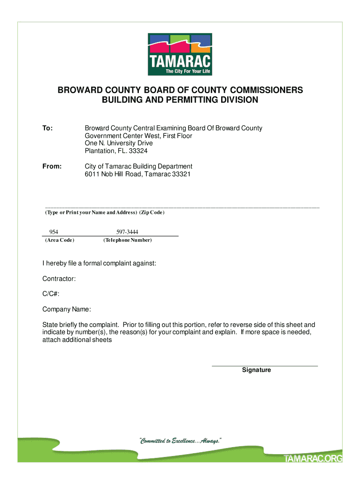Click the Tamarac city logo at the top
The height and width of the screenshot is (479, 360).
180,54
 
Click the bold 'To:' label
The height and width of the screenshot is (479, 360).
48,128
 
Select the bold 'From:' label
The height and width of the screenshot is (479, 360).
52,167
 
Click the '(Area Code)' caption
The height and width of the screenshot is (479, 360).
59,240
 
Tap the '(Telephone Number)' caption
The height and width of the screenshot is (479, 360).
127,240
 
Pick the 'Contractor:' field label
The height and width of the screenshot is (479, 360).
59,279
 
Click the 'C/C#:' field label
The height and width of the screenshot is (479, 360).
51,294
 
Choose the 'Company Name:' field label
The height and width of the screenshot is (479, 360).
67,310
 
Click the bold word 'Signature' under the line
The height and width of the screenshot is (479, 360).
256,370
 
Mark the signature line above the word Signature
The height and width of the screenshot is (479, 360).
265,366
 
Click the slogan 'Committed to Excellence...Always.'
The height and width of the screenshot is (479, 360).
180,441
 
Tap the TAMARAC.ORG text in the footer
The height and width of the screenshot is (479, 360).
313,459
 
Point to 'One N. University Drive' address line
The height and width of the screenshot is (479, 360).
119,143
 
